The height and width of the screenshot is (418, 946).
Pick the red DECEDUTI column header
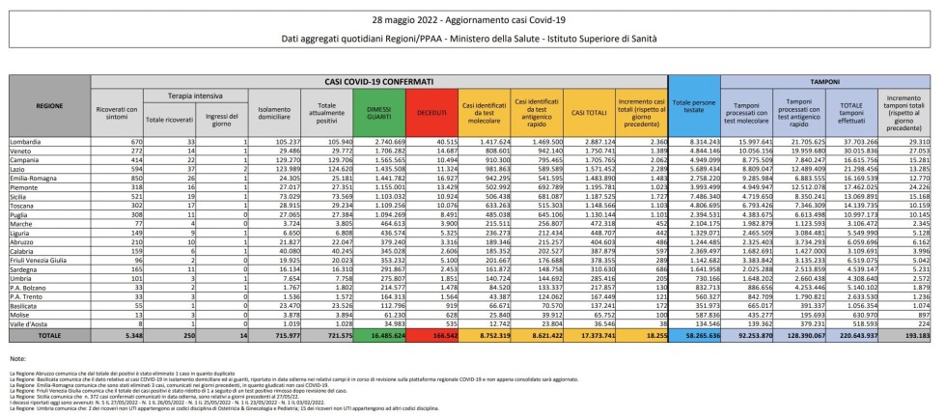431,113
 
